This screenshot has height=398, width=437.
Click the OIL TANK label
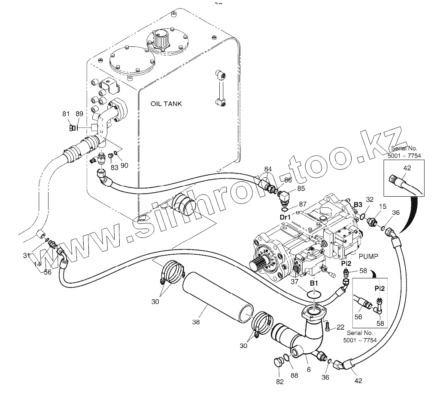click(x=167, y=104)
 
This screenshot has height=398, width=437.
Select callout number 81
click(x=66, y=114)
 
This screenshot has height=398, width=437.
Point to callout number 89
click(x=79, y=114)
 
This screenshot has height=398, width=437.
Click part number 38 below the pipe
click(x=196, y=321)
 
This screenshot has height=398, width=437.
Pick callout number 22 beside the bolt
click(x=340, y=327)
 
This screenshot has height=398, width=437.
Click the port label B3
click(x=358, y=205)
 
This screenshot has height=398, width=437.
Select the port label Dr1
click(x=285, y=218)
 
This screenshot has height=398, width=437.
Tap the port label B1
click(x=314, y=284)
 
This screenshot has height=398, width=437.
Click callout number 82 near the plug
click(x=280, y=381)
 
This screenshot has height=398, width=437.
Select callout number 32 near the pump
click(x=369, y=199)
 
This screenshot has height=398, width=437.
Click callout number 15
click(x=382, y=207)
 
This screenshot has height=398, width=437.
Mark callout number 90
click(x=124, y=165)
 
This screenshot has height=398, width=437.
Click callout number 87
click(x=303, y=204)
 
